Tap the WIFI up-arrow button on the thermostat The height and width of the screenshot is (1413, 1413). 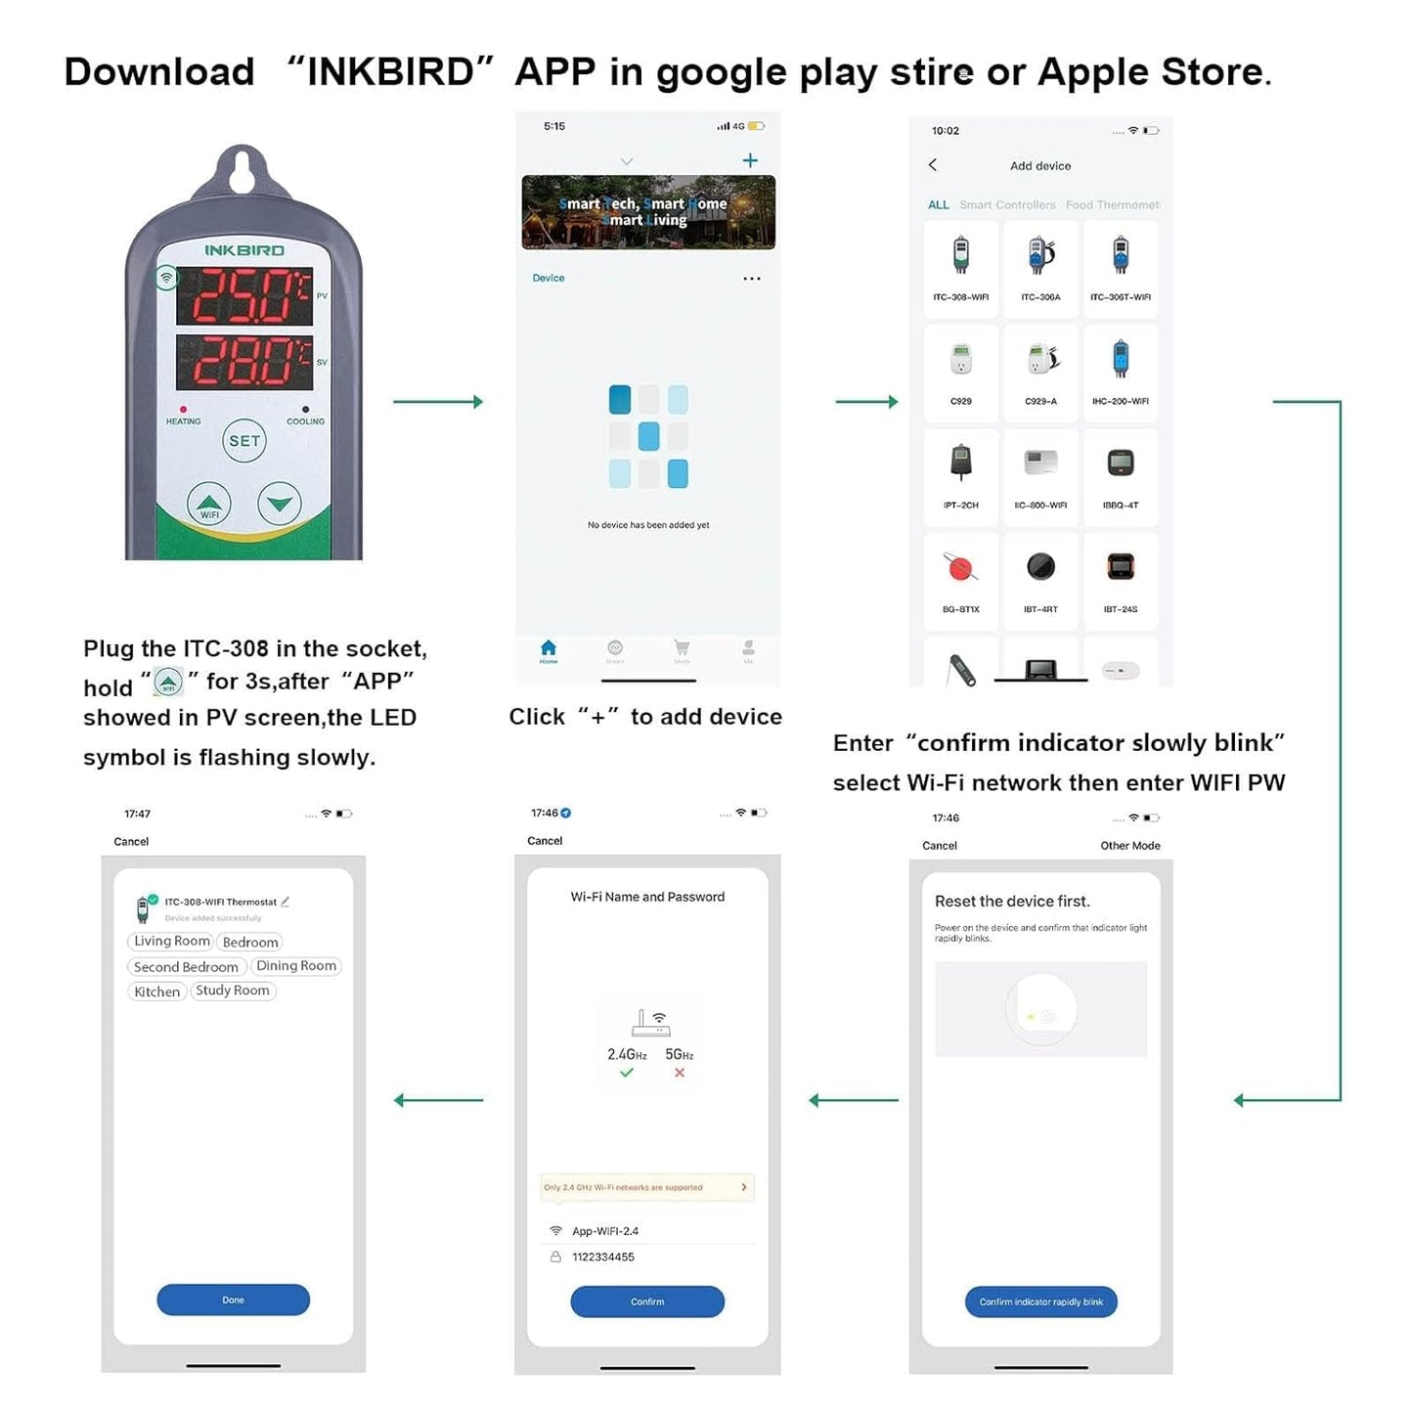coord(209,504)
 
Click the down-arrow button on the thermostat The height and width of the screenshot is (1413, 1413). coord(280,504)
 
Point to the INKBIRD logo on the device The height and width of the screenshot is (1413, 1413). coord(244,250)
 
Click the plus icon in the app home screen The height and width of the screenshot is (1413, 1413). coord(750,160)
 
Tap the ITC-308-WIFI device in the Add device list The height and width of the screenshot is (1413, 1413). coord(960,268)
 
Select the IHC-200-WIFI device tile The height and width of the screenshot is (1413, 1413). coord(1121,372)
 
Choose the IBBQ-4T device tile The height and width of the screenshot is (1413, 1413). coord(1121,476)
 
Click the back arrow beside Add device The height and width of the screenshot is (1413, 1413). coord(933,165)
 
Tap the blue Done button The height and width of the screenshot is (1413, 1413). coord(233,1300)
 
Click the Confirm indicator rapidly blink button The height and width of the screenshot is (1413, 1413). coord(1040,1302)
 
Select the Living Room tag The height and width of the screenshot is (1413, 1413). coord(171,941)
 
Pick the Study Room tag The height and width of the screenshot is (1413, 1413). coord(233,991)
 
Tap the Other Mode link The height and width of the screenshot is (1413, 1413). coord(1129,846)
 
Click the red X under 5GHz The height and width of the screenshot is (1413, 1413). coord(680,1073)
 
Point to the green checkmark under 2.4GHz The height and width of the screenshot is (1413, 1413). coord(627,1073)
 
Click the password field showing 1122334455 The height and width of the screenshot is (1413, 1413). coord(603,1257)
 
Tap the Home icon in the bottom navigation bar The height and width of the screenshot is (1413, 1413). coord(549,650)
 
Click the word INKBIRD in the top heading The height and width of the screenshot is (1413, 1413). coord(390,72)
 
